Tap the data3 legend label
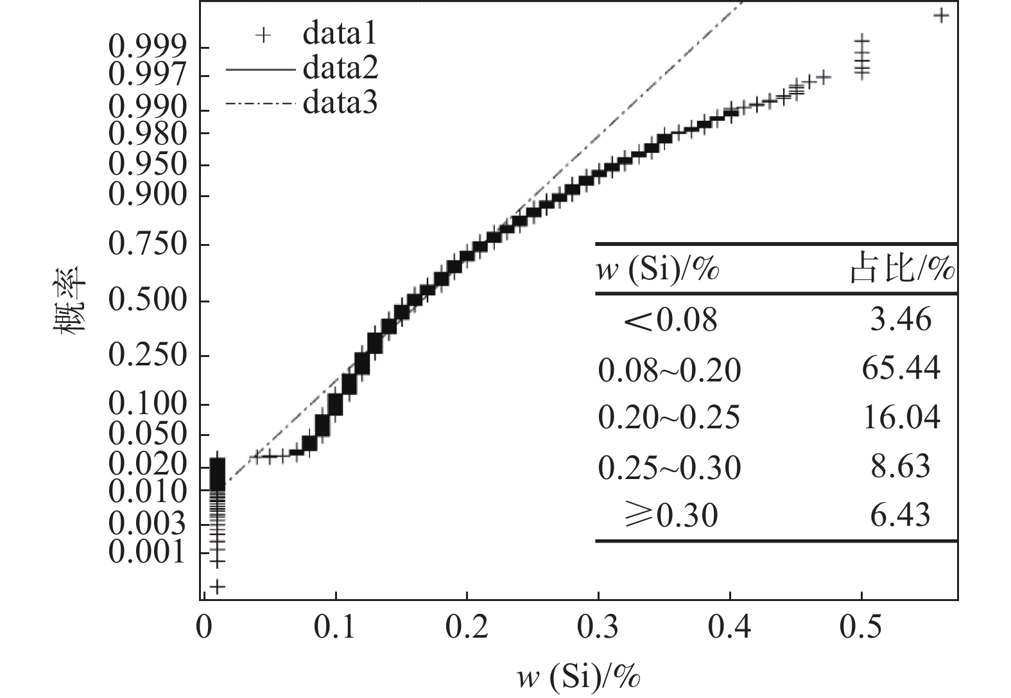coord(340,102)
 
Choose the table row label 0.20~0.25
coord(669,418)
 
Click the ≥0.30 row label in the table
coord(670,516)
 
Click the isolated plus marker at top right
coord(941,15)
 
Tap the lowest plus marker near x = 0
coord(218,586)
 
